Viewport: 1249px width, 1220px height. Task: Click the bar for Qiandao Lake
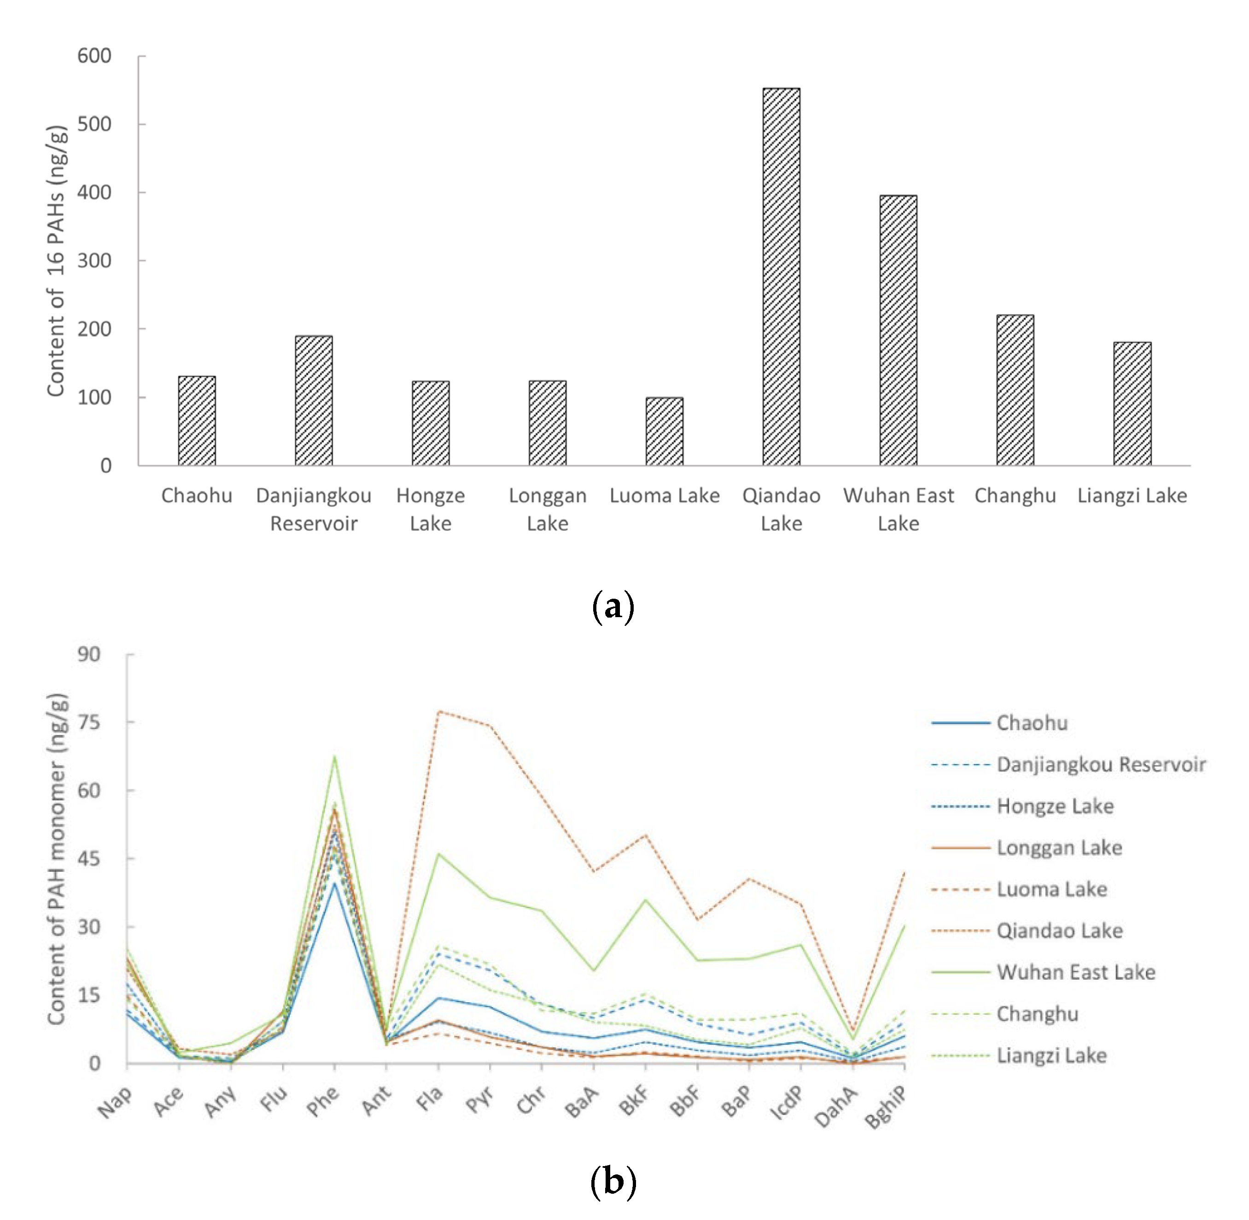click(781, 277)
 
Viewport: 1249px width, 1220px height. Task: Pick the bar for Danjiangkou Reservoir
click(313, 401)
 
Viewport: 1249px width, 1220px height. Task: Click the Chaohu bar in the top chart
click(197, 420)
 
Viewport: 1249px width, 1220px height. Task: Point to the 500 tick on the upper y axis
click(94, 124)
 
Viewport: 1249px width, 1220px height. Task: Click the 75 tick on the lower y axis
click(89, 722)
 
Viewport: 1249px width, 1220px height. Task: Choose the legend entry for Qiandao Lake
click(1059, 930)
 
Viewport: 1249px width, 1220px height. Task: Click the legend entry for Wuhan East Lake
click(1075, 972)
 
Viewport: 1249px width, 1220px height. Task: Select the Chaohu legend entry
click(1032, 723)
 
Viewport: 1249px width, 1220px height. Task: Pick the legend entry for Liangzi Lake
click(1051, 1055)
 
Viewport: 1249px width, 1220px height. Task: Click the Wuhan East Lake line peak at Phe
click(334, 757)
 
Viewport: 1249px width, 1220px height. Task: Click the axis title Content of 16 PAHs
click(56, 261)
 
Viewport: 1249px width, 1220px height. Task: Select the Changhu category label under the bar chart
click(1015, 495)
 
